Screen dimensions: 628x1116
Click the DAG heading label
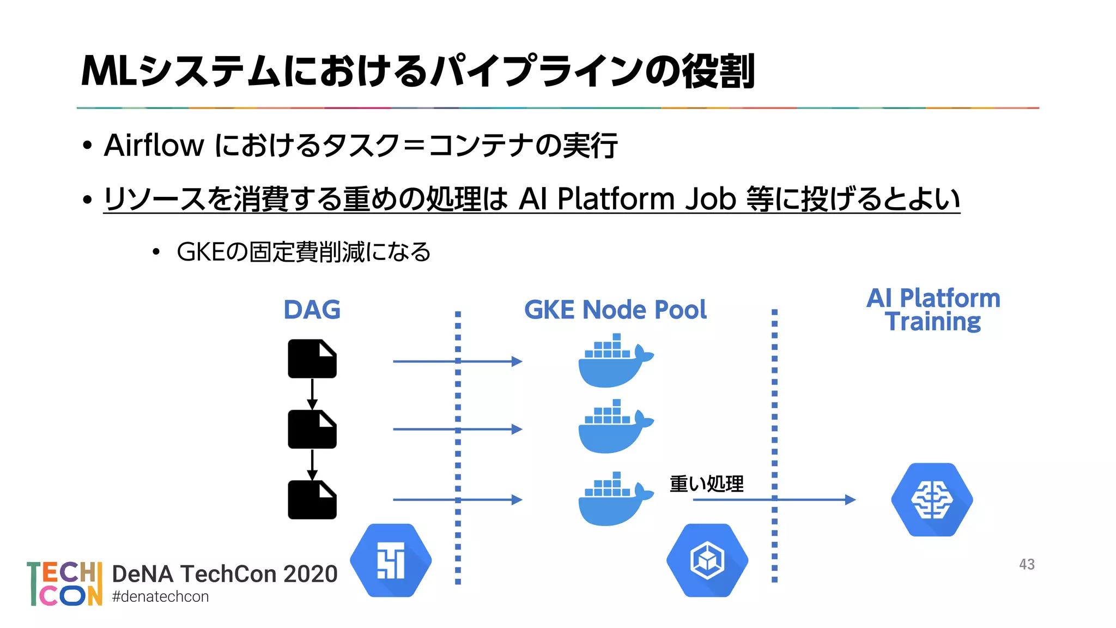312,310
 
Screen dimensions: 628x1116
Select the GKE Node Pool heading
615,310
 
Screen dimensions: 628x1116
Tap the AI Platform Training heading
933,310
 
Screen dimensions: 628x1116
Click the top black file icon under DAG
312,359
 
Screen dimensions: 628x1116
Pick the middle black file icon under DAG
312,429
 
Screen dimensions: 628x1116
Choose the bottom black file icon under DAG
312,499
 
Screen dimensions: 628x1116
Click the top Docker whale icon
614,362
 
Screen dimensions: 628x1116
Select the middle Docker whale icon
614,427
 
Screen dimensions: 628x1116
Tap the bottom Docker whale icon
614,499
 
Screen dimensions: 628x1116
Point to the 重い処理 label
706,484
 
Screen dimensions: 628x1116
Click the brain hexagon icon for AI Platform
932,499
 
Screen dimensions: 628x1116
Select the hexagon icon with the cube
707,560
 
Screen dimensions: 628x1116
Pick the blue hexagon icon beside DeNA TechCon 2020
391,560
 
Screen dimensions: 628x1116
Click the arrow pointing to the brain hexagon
774,499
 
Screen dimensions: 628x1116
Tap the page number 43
1027,564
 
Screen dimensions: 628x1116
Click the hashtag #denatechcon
160,596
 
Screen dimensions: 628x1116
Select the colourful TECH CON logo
65,583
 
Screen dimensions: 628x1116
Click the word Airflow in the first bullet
154,146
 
